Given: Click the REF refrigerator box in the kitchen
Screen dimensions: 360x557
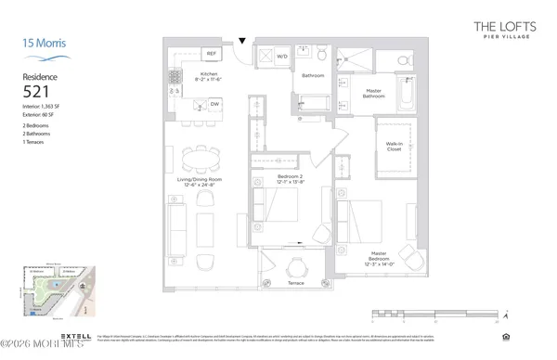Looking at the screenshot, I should [210, 55].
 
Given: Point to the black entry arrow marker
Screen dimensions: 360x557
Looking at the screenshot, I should [242, 40].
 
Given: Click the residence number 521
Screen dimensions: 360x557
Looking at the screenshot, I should [37, 92].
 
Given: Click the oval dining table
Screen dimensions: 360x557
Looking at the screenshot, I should [195, 155].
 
